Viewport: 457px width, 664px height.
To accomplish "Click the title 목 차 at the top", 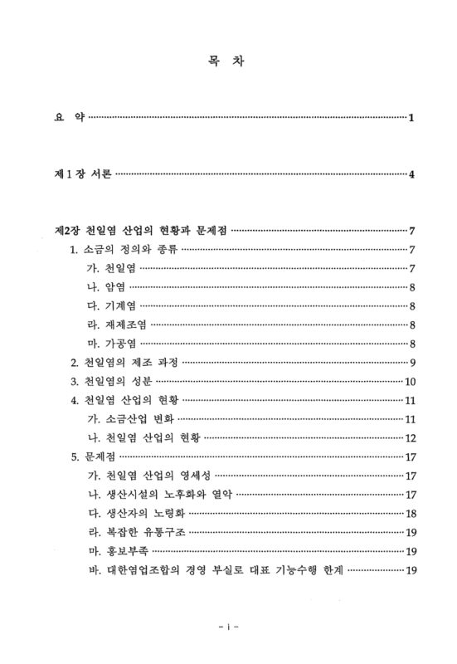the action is [228, 61].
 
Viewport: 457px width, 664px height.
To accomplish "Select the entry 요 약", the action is [66, 117].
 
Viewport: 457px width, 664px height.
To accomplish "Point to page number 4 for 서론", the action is [411, 174].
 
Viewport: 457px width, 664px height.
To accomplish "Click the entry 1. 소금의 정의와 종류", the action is [123, 249].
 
